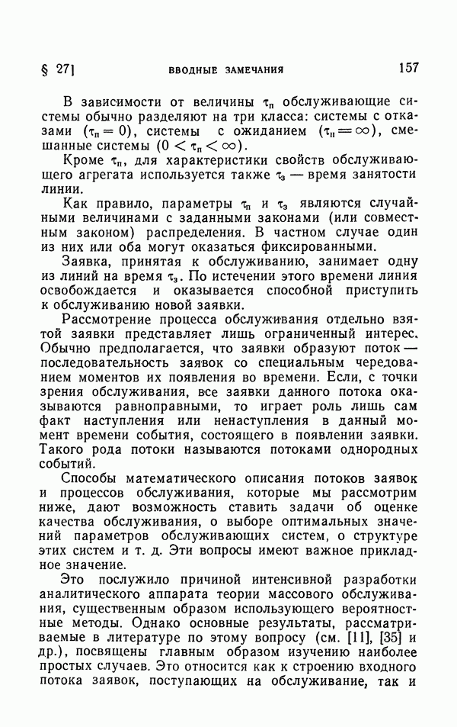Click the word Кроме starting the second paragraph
coord(85,166)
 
